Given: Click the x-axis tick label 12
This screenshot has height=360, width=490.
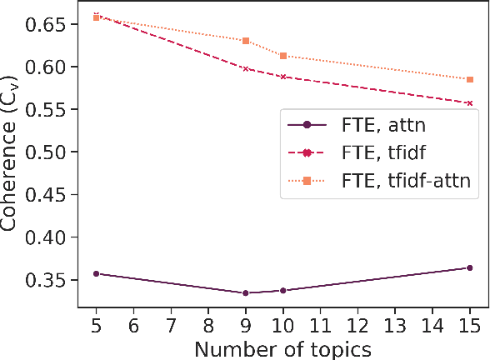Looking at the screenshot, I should click(x=357, y=322).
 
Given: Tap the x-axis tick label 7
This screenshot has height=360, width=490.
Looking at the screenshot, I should click(x=171, y=322).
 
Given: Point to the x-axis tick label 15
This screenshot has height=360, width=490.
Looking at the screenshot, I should click(x=470, y=322).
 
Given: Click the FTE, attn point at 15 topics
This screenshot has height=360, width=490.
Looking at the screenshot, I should click(x=470, y=267).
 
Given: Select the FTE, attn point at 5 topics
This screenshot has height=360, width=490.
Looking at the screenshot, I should click(x=97, y=273).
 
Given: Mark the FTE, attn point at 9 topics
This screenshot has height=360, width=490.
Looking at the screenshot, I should click(x=246, y=292).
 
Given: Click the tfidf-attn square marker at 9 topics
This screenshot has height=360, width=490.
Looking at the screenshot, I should click(x=246, y=41).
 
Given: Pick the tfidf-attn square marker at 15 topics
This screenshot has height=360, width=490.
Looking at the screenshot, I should click(x=470, y=79).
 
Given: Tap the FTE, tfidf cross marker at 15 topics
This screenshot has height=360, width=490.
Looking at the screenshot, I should click(x=470, y=103).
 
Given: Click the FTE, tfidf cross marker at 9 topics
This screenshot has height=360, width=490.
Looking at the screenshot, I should click(x=246, y=68).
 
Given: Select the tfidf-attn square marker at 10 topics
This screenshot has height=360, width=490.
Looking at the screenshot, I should click(x=283, y=56).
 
